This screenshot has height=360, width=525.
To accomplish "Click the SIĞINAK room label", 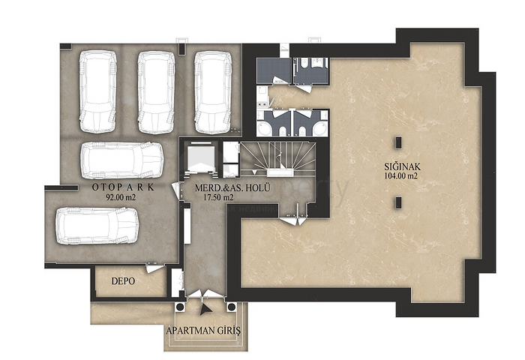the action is point(402,166).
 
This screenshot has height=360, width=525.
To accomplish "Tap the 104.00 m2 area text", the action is point(400,176).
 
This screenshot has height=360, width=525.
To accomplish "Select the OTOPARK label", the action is point(123,187).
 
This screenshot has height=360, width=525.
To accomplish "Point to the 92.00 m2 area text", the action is point(121,197).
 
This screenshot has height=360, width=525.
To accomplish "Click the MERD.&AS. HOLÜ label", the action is point(232,187).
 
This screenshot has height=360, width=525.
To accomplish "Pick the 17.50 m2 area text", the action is point(218,197).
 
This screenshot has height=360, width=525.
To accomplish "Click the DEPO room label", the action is point(123,281).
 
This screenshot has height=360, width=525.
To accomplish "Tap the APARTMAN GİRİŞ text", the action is point(203,331).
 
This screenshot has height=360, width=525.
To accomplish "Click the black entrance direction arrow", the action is point(205,310).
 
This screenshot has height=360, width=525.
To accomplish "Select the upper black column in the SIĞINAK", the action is point(398,142).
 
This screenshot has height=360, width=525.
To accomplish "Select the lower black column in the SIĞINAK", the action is point(398,202).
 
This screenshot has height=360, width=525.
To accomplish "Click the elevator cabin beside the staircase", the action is point(200,157).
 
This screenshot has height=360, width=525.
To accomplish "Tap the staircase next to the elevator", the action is point(278,158).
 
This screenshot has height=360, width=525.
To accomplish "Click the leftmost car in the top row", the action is point(97,91).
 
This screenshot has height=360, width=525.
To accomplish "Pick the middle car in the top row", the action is point(156,92).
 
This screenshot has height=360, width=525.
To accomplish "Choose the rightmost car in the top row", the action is point(213,92).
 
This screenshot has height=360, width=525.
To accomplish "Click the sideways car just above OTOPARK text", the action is point(123,160).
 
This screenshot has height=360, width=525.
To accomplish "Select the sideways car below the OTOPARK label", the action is point(97,226).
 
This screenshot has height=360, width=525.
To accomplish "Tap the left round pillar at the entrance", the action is point(180,307).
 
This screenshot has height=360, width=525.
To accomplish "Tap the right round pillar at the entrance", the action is point(231,307).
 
